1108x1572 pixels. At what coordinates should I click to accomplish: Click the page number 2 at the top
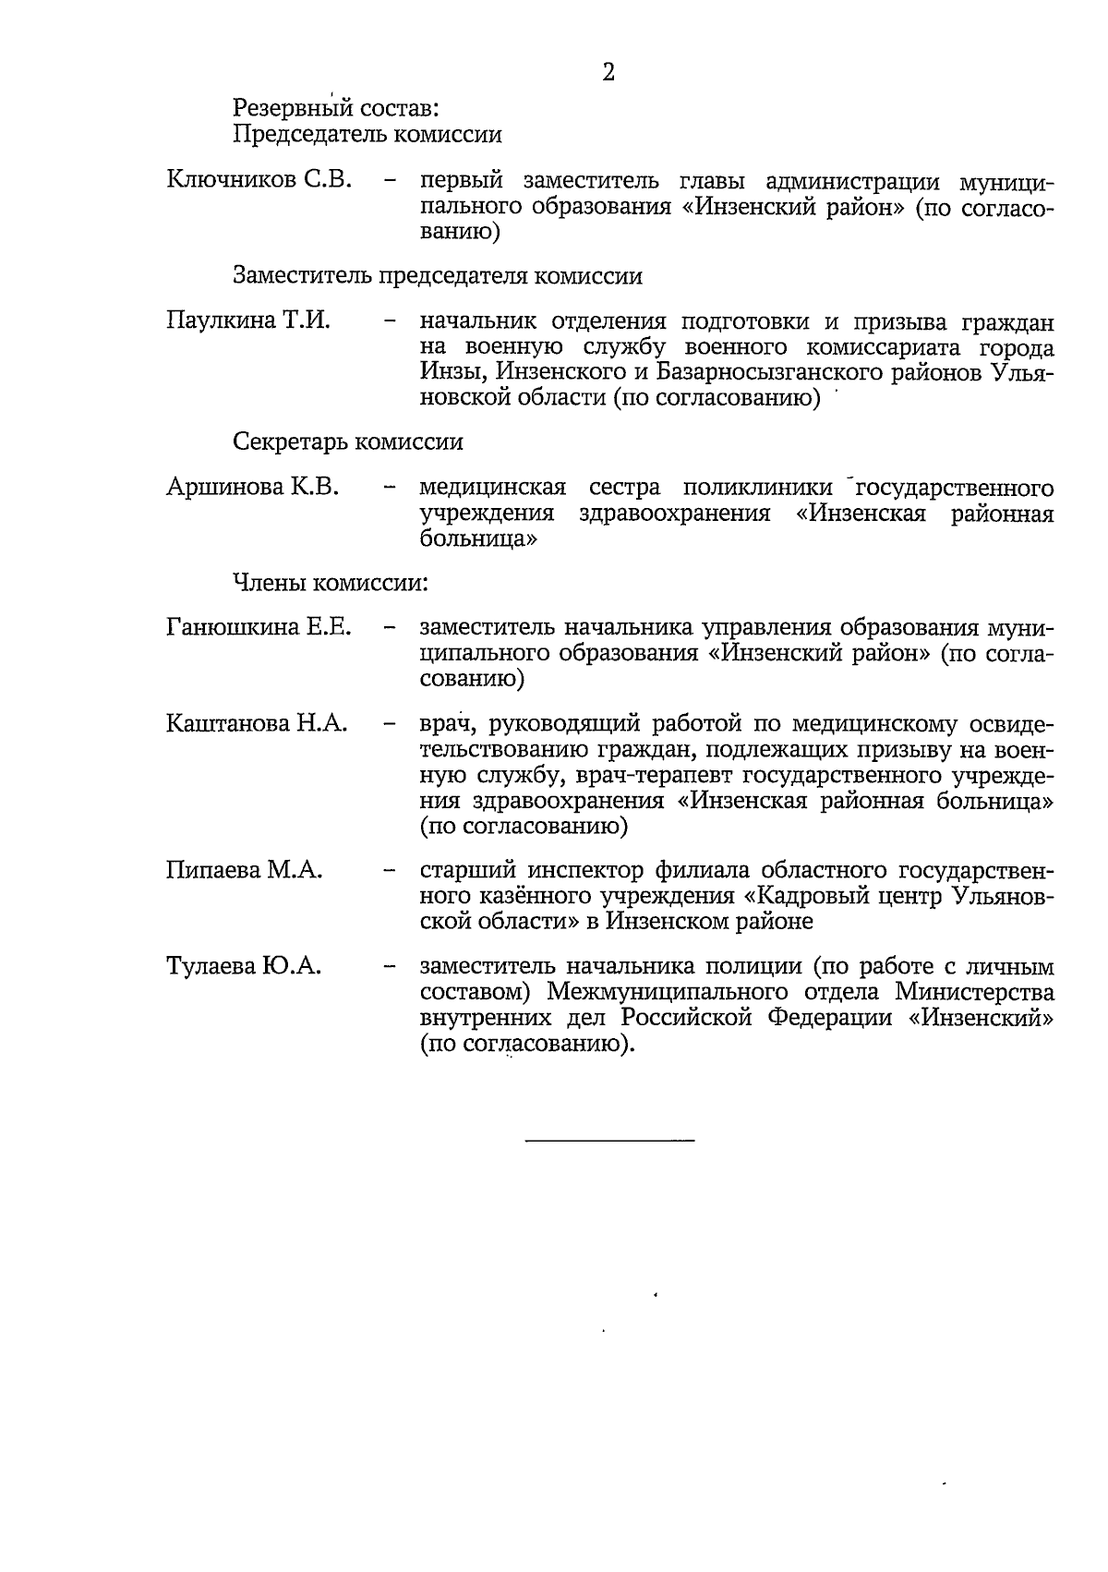[x=608, y=73]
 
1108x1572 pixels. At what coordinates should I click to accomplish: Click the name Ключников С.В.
[x=259, y=179]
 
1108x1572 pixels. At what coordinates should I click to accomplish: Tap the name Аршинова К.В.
[x=253, y=487]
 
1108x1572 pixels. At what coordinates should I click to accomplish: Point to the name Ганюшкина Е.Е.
[x=259, y=628]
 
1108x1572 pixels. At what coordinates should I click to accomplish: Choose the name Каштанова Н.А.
[x=257, y=723]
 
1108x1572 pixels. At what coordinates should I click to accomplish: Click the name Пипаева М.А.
[x=244, y=870]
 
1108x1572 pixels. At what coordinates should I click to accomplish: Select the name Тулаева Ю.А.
[x=244, y=967]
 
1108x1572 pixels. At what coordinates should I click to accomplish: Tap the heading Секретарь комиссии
[x=348, y=441]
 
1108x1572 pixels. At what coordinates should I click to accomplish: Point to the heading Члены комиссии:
[x=331, y=583]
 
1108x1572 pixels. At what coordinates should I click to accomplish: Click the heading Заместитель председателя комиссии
[x=438, y=275]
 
